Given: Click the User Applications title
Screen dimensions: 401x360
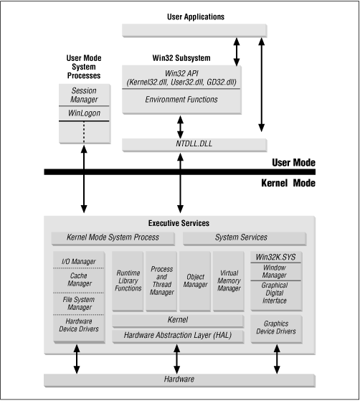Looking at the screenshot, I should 194,16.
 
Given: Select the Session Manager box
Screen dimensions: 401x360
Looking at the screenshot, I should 84,96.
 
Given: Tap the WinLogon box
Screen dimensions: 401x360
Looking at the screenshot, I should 84,114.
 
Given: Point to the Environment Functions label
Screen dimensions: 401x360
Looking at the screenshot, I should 181,99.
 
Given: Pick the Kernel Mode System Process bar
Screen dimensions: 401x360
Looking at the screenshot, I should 113,237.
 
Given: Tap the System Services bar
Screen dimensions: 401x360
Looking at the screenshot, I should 241,237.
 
